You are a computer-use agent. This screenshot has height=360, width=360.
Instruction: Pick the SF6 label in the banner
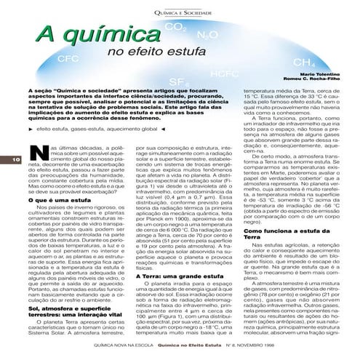tap(175, 80)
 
